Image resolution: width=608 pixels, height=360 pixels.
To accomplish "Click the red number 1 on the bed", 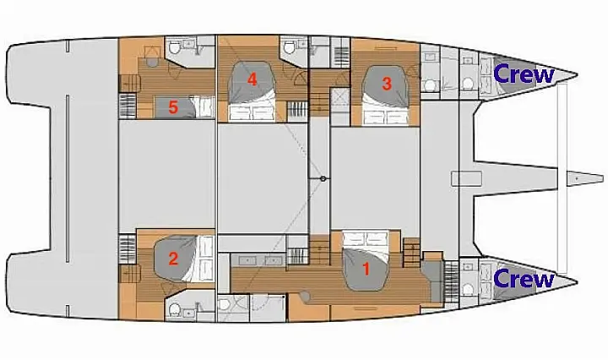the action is pyautogui.click(x=366, y=270).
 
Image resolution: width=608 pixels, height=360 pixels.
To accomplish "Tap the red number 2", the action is pyautogui.click(x=173, y=259).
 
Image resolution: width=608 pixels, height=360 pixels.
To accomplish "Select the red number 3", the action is pyautogui.click(x=386, y=84).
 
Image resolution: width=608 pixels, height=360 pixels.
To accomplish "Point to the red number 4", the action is pyautogui.click(x=252, y=80).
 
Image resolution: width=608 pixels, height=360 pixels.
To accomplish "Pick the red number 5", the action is pyautogui.click(x=173, y=107).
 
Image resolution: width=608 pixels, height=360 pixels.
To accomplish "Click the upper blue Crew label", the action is pyautogui.click(x=524, y=74).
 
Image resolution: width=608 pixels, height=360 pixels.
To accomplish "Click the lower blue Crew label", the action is pyautogui.click(x=524, y=279).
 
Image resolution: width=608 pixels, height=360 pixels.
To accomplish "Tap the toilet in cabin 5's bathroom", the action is pyautogui.click(x=174, y=48).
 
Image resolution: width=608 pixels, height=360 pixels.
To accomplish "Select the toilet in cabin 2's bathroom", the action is pyautogui.click(x=175, y=309).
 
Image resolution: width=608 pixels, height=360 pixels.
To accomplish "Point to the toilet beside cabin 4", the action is pyautogui.click(x=289, y=47).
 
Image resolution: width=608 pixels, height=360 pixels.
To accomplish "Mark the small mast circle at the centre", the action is pyautogui.click(x=323, y=179).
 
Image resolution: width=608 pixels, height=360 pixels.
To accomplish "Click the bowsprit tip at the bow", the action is pyautogui.click(x=603, y=178).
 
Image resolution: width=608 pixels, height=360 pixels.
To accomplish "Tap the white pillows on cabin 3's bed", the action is pyautogui.click(x=387, y=116).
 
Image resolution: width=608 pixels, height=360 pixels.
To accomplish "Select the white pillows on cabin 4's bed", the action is pyautogui.click(x=252, y=112).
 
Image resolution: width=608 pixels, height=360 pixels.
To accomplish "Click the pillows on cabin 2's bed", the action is pyautogui.click(x=206, y=258).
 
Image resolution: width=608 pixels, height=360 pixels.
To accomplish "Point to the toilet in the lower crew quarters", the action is pyautogui.click(x=468, y=289).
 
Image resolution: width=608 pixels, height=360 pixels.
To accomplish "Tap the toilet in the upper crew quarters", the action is pyautogui.click(x=468, y=84).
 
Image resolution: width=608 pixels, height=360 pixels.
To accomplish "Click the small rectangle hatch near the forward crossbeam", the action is pyautogui.click(x=467, y=178).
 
